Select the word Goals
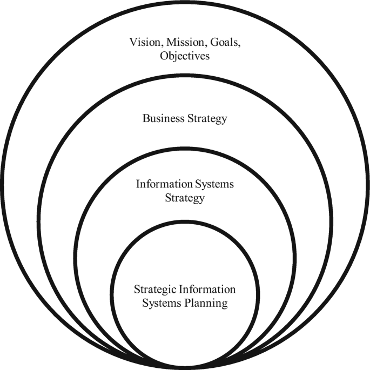pos(221,42)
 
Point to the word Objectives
pos(185,56)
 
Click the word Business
pos(162,118)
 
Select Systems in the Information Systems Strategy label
pos(213,185)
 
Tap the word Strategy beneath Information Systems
pos(185,198)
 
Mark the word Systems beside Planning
pos(160,303)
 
